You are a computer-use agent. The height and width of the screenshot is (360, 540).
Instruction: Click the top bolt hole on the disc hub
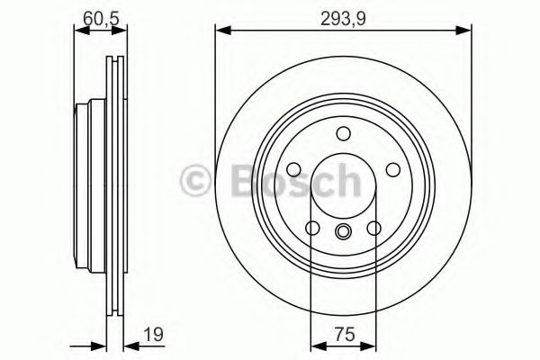click(x=343, y=135)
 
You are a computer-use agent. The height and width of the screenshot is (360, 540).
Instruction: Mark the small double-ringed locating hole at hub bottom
click(x=343, y=233)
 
